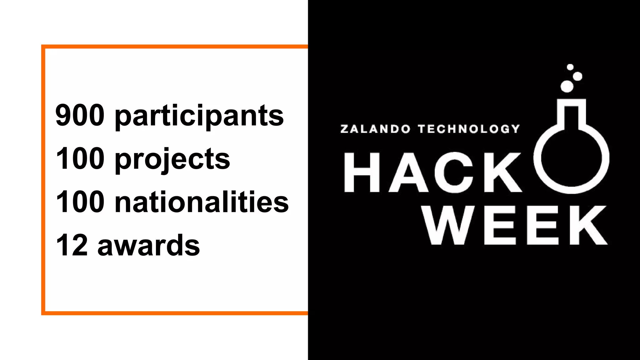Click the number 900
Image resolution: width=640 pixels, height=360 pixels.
80,115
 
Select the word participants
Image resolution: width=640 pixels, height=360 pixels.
199,116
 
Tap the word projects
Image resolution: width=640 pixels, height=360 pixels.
172,159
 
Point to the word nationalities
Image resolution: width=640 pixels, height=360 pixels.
202,202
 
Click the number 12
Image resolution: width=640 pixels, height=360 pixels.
72,245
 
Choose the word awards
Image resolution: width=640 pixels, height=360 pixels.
149,246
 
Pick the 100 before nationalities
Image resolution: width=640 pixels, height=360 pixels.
80,202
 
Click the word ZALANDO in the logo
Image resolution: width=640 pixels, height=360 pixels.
375,129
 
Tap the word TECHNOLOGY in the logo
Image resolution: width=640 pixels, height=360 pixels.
469,129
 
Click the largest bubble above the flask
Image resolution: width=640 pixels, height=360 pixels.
567,86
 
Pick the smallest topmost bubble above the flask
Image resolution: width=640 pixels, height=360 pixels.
570,67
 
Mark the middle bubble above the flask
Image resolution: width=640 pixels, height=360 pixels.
577,76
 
